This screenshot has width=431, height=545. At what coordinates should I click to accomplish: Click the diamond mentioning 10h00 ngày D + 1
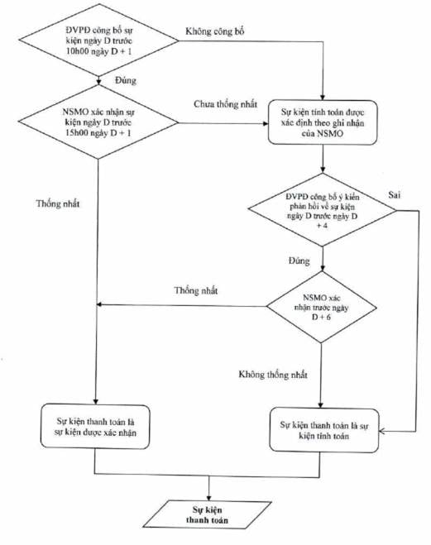98,41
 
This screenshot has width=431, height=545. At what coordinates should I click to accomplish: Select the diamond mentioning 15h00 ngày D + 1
98,122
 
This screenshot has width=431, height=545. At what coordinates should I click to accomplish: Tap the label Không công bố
215,31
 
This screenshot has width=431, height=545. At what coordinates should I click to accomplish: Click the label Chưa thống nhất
226,104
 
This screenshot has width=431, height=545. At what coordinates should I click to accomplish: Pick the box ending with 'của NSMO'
323,122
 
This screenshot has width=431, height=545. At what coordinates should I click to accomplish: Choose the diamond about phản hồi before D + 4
322,210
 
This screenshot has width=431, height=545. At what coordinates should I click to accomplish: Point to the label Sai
394,195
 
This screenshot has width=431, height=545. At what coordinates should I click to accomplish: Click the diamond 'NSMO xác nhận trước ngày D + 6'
321,308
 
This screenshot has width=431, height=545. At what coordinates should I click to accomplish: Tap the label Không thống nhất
273,375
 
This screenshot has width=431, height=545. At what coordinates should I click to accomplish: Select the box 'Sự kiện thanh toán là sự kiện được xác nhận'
95,427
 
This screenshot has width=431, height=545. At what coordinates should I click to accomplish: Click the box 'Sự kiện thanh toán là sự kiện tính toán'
324,430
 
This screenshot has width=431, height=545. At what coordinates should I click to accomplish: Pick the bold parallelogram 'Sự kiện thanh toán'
207,514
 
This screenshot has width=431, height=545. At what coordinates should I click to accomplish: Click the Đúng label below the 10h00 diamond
126,81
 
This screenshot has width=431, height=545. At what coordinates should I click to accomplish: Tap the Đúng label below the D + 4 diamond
299,261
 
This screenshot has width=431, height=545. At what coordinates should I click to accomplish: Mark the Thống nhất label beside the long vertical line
58,203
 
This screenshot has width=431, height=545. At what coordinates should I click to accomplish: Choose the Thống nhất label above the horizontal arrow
196,290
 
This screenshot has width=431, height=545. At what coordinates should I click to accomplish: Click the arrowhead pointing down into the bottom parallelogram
209,497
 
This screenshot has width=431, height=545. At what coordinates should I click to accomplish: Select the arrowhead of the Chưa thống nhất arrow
266,123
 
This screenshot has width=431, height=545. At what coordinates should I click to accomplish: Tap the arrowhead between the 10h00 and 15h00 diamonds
99,82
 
